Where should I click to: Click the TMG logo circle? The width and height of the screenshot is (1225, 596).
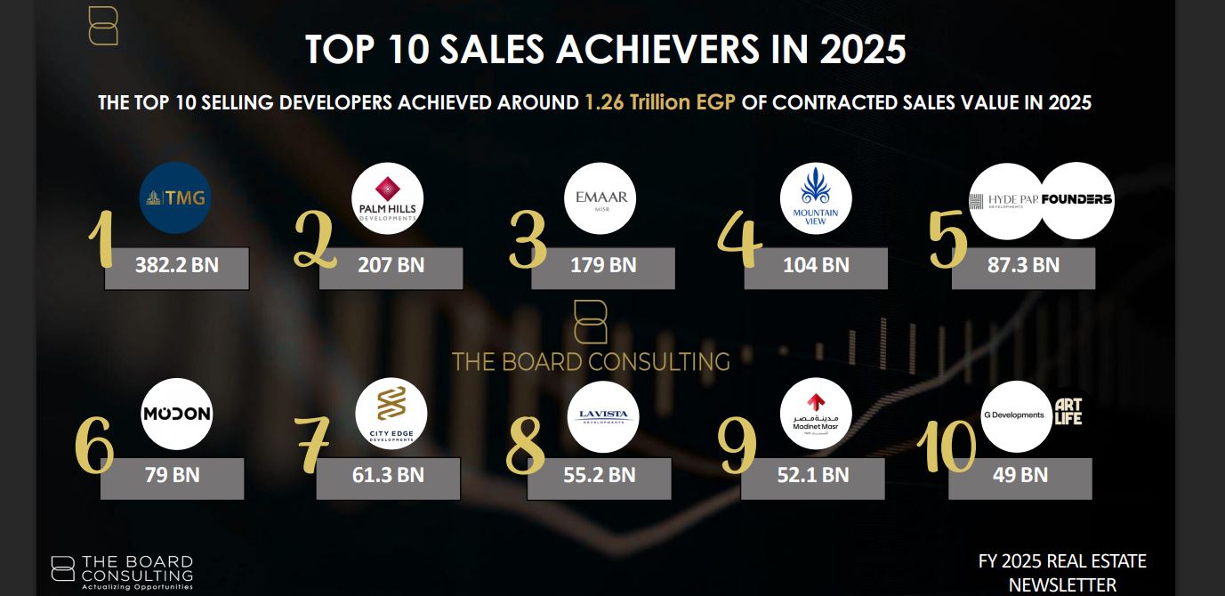coord(175,198)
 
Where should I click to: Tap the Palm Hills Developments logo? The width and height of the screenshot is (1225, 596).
coord(387,198)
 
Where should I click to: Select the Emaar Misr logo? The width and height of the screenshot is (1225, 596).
coord(600,198)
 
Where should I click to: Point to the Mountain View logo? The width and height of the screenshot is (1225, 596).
coord(816,198)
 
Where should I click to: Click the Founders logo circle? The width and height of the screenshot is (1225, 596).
coord(1076,200)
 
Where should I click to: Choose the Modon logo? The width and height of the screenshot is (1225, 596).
coord(177,414)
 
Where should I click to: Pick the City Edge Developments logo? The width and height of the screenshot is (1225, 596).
coord(391,414)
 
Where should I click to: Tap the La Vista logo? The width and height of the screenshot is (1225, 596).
coord(603,416)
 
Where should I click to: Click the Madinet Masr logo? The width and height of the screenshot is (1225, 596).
coord(816,414)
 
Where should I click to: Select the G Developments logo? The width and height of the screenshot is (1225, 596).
coord(1016,416)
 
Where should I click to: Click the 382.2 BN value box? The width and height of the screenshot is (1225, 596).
coord(177,268)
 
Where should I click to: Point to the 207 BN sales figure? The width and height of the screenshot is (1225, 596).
coord(391,265)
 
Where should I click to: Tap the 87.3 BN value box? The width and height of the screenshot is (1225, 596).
coord(1023,268)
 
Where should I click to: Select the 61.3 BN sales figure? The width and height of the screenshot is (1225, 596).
coord(388,475)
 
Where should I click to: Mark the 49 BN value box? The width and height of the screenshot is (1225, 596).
coord(1019,479)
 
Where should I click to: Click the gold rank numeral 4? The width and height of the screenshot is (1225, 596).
coord(739,239)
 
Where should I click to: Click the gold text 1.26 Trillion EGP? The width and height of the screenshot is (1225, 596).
coord(660,102)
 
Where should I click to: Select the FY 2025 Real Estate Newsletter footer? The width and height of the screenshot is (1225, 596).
coord(1062,573)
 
